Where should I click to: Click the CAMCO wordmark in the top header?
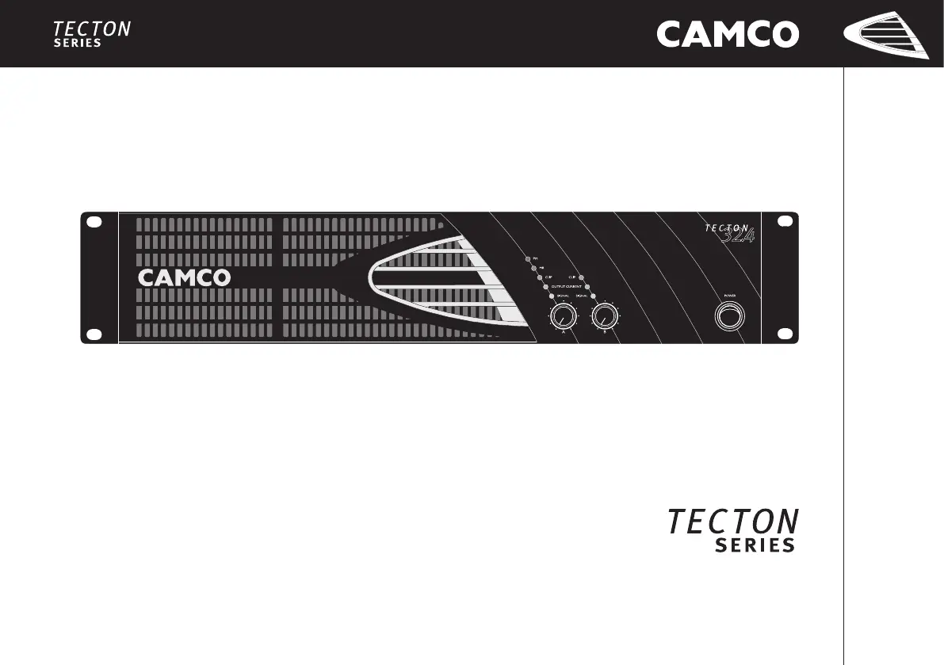[x=727, y=34]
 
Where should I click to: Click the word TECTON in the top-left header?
[x=92, y=30]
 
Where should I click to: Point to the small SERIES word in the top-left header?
[x=78, y=44]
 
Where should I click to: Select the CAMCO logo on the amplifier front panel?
[x=185, y=277]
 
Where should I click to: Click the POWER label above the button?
[x=729, y=295]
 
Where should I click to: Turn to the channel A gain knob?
[x=563, y=318]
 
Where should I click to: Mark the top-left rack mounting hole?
[x=94, y=223]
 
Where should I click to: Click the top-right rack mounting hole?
[x=785, y=223]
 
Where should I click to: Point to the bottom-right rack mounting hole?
[x=785, y=334]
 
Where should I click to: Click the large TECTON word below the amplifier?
[x=732, y=522]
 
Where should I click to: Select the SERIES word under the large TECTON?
[x=755, y=545]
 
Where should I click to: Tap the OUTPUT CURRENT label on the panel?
[x=567, y=286]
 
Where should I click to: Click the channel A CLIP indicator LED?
[x=539, y=277]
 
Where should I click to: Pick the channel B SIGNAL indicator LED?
[x=592, y=295]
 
